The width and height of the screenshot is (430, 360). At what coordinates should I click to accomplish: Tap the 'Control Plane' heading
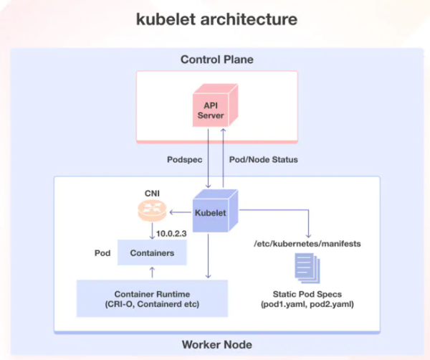(216, 58)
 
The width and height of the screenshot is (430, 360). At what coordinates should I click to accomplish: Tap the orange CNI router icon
(151, 212)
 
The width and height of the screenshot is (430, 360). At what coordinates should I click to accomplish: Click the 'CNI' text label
(151, 192)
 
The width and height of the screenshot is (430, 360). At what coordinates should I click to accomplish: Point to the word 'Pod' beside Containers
(102, 253)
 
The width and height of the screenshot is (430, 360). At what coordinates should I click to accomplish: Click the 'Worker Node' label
(216, 345)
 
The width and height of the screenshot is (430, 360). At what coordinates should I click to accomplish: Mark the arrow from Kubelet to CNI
(179, 212)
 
